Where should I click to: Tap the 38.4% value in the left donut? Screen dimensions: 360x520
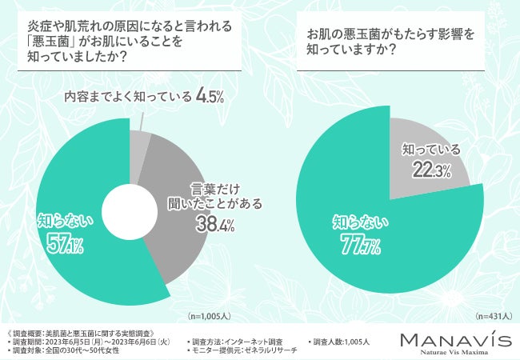click(214, 226)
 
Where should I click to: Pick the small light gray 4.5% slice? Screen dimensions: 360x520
click(138, 143)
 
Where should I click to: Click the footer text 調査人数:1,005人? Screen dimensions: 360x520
click(341, 341)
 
